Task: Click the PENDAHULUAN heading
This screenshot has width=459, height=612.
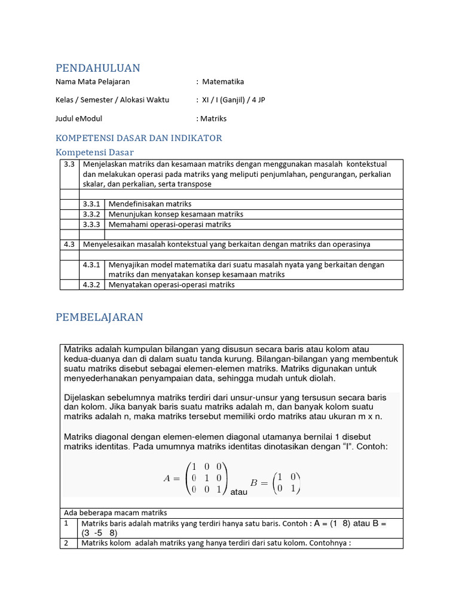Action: point(97,68)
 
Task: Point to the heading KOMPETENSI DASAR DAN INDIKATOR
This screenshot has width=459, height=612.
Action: point(139,138)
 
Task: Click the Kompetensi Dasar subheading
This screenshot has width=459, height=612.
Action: point(94,152)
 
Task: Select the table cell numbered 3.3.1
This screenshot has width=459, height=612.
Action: point(91,204)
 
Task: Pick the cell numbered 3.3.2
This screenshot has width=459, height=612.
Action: point(91,214)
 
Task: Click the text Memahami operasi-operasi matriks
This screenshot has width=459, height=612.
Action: point(169,224)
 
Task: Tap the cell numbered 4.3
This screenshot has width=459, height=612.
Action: point(69,244)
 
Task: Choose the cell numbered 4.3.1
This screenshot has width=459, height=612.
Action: point(91,265)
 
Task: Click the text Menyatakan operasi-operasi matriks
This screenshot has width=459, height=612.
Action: point(171,285)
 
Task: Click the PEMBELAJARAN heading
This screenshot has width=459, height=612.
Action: point(99,317)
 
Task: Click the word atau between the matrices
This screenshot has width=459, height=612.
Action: point(238,492)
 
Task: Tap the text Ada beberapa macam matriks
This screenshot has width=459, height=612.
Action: point(115,513)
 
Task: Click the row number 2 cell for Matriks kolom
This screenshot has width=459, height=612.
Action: point(69,543)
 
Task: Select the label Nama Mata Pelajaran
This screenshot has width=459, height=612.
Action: point(93,82)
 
